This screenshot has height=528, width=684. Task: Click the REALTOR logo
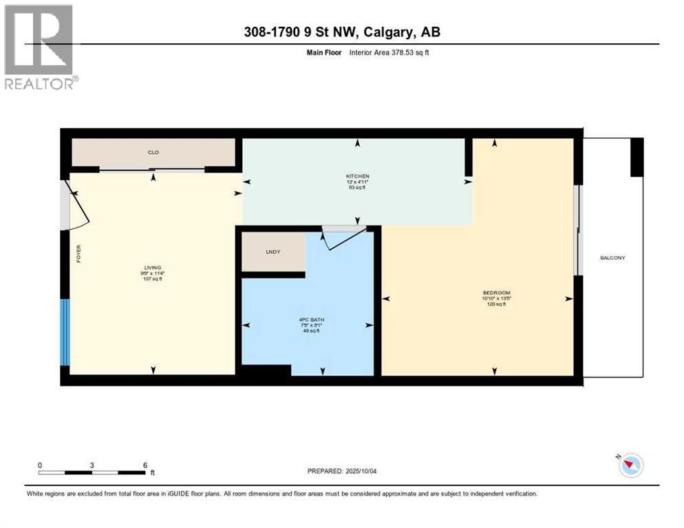[40, 46]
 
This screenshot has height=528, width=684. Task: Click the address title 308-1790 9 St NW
[342, 32]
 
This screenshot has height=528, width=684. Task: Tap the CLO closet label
[153, 153]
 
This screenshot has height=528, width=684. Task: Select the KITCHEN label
[357, 177]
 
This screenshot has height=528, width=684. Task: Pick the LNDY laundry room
[273, 252]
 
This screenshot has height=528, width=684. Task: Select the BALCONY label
[612, 258]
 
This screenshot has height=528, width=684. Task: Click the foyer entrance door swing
[74, 207]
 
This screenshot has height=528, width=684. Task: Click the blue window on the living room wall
[65, 332]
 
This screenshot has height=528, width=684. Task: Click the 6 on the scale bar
[145, 465]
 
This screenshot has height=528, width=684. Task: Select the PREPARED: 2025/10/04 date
[343, 471]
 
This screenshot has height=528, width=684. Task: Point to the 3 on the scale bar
[92, 465]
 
